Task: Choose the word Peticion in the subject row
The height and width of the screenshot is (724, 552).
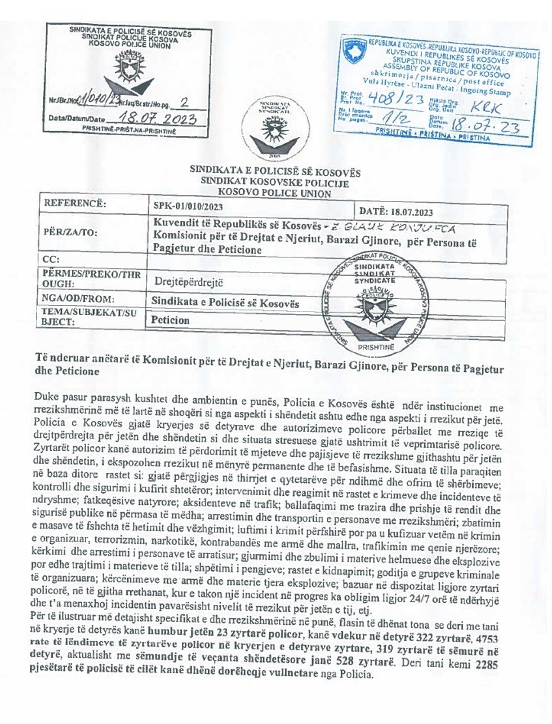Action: coord(171,320)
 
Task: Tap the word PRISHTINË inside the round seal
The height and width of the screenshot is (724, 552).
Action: coord(376,347)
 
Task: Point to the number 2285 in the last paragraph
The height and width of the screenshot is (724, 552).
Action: coord(487,664)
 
